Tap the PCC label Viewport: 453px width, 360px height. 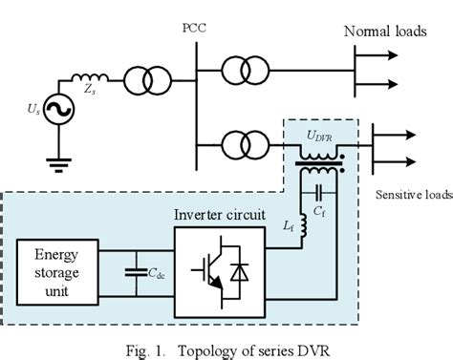click(x=194, y=27)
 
